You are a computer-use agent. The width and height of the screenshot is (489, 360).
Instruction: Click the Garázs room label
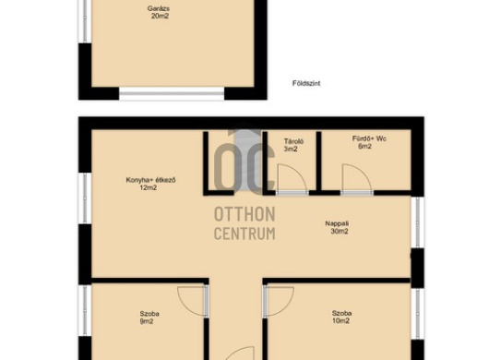(x=159, y=8)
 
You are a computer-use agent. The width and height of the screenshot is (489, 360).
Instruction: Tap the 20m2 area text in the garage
(x=160, y=16)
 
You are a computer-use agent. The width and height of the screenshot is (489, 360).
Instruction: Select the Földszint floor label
(x=306, y=83)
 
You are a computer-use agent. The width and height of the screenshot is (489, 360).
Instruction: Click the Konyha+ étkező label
(x=150, y=180)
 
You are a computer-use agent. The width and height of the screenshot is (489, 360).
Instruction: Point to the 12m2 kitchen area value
(x=149, y=187)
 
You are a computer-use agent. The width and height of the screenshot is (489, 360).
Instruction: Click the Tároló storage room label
(x=293, y=141)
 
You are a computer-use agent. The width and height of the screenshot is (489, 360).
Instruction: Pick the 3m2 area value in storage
(x=291, y=149)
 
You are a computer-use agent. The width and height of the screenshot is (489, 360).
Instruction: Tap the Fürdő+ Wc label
(x=369, y=138)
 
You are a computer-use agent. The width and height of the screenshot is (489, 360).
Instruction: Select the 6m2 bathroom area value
(x=364, y=146)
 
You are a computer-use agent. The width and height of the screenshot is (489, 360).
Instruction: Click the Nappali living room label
(x=337, y=223)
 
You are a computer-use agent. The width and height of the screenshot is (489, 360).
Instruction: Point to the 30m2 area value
(x=340, y=231)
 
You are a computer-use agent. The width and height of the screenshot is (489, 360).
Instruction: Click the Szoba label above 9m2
(x=149, y=314)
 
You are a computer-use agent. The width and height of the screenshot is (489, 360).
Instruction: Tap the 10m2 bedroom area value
(x=340, y=320)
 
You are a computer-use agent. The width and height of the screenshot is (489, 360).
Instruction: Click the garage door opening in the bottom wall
(x=172, y=93)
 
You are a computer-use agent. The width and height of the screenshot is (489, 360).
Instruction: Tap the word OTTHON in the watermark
(x=244, y=214)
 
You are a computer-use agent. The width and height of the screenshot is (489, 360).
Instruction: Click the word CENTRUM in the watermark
(x=244, y=234)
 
